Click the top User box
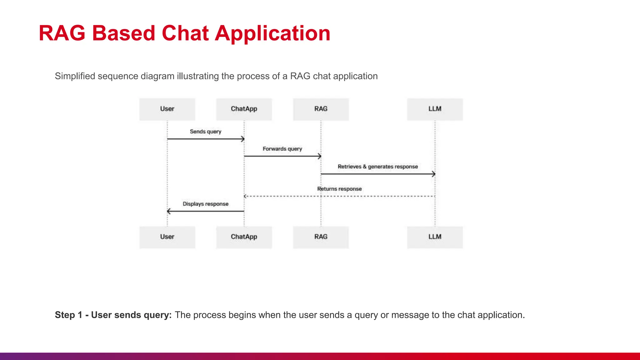(167, 109)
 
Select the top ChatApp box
(244, 109)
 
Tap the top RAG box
(321, 109)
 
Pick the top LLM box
(435, 109)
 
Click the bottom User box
(167, 237)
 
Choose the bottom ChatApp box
(244, 237)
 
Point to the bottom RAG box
(321, 237)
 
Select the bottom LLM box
(435, 237)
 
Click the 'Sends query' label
(205, 132)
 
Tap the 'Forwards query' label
(282, 149)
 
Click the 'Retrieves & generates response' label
(377, 167)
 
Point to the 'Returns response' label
(339, 189)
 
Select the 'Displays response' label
(205, 204)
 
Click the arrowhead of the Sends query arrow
(242, 139)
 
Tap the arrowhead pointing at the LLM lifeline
(433, 174)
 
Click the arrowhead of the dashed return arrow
(245, 196)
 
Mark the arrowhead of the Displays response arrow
(169, 211)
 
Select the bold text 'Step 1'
(68, 315)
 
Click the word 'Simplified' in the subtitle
(75, 76)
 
